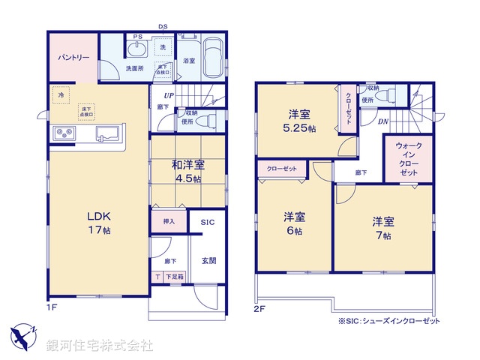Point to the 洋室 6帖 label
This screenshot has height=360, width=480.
[x=294, y=223]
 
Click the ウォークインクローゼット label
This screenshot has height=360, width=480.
[x=408, y=159]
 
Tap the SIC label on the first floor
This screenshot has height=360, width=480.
[x=207, y=223]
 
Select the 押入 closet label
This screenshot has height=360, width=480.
[x=169, y=222]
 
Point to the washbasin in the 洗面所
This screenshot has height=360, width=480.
[x=137, y=49]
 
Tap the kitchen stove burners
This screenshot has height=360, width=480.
[x=63, y=134]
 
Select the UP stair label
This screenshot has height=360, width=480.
[x=170, y=96]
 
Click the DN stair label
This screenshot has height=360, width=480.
[x=382, y=121]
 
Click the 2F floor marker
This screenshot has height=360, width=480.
[x=259, y=307]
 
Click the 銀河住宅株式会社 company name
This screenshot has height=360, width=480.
[x=100, y=346]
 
